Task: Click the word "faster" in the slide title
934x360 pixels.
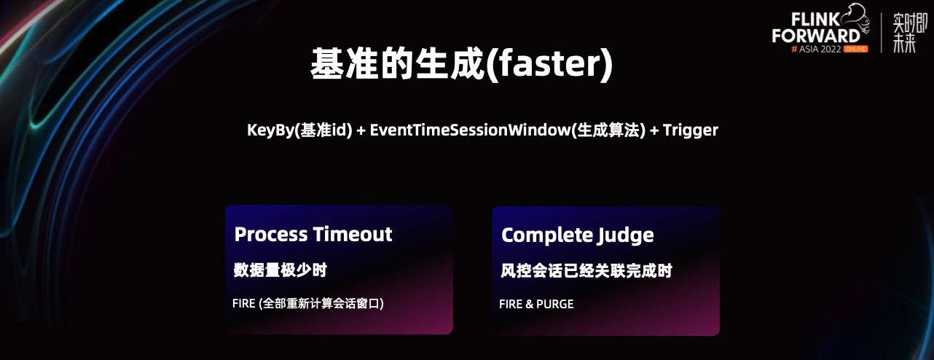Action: coord(549,63)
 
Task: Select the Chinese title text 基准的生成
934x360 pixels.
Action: coord(398,63)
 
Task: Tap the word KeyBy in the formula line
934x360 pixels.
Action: coord(270,130)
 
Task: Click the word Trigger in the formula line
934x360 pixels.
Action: coord(691,130)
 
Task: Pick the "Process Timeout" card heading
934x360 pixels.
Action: coord(313,234)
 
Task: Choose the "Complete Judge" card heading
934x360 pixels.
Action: coord(578,235)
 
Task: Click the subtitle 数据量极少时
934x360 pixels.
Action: coord(280,270)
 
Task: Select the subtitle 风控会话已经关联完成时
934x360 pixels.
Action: coord(586,271)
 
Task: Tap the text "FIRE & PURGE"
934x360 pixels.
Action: coord(536,304)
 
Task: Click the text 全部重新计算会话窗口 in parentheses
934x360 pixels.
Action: coord(321,303)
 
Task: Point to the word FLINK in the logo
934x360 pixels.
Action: coord(815,20)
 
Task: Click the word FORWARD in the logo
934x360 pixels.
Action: coord(815,36)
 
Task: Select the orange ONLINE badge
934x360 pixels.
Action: coord(855,49)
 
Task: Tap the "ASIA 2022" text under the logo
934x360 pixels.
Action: coord(820,50)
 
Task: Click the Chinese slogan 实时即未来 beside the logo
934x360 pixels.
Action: coord(909,33)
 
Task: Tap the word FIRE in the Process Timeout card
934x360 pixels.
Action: coord(243,303)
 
